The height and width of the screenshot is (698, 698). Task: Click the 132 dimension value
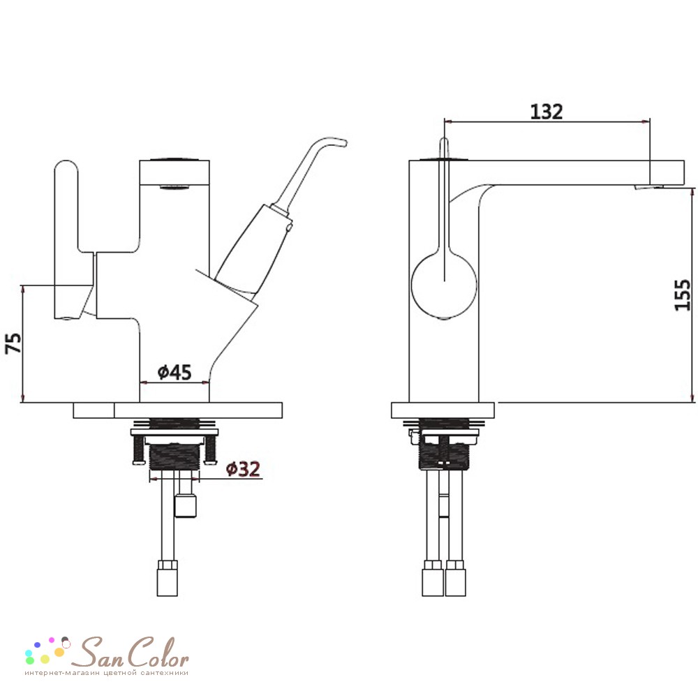coord(547,112)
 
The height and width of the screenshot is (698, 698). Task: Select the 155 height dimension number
coord(683,295)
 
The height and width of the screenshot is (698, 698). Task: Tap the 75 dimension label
coord(14,343)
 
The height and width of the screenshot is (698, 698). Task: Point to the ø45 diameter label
coord(174,372)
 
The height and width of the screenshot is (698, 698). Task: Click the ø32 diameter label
coord(243,469)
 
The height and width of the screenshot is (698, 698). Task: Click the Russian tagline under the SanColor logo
coord(106,673)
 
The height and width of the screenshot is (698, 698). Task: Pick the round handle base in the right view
coord(444,285)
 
